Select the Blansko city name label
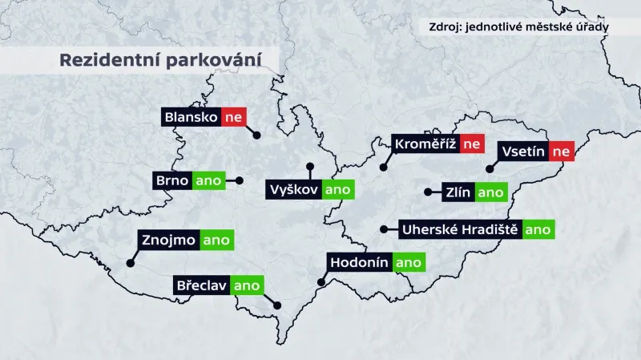(x=191, y=118)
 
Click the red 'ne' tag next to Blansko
(x=233, y=118)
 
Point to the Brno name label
(x=171, y=180)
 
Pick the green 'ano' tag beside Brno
(x=208, y=180)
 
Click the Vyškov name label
(x=294, y=190)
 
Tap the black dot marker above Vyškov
(x=310, y=167)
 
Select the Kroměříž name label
(x=425, y=144)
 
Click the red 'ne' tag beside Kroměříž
(x=473, y=144)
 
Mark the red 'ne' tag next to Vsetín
(x=562, y=151)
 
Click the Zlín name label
(x=458, y=192)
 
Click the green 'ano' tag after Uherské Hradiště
(x=538, y=229)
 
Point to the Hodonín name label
(x=360, y=262)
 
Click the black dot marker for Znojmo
(x=130, y=262)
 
